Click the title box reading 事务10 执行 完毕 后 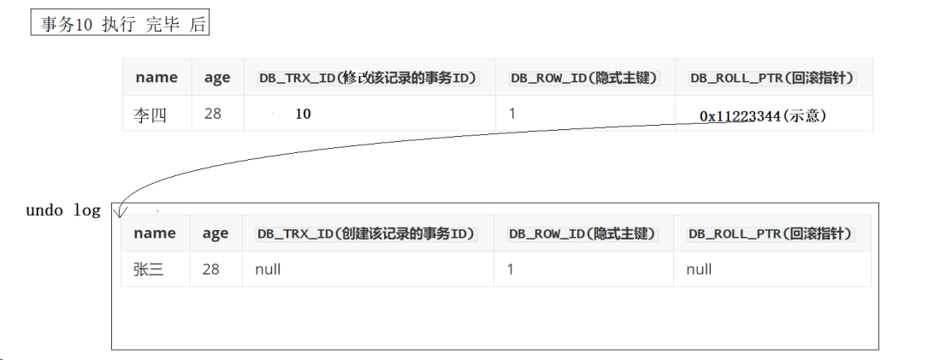click(121, 24)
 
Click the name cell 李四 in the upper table click(150, 115)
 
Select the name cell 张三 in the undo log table click(149, 269)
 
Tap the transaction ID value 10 click(303, 114)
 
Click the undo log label click(63, 210)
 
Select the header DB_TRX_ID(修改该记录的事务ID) click(367, 78)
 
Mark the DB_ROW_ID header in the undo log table click(582, 233)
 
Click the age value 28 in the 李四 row click(213, 113)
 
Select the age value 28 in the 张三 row click(211, 269)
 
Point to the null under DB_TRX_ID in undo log click(268, 269)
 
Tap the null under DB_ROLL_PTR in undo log click(699, 269)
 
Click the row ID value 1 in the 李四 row click(512, 112)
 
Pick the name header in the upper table click(157, 78)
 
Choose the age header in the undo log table click(216, 233)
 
